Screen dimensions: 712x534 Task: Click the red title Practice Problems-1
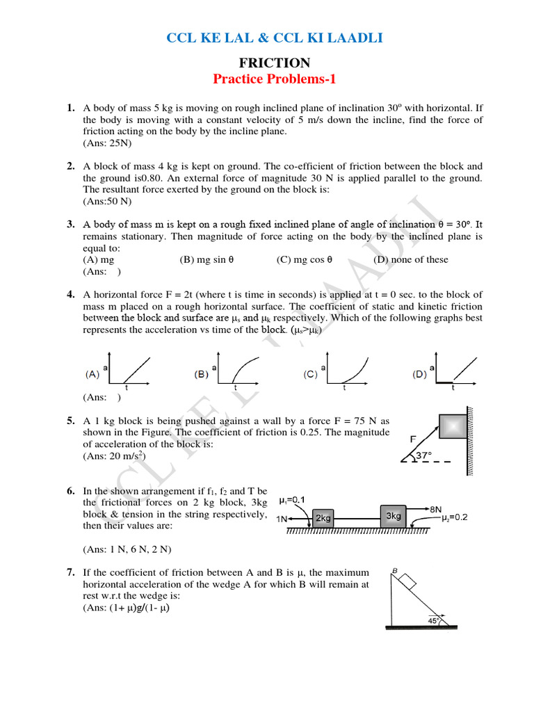click(x=275, y=79)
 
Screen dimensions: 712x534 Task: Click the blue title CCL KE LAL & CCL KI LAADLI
click(x=275, y=38)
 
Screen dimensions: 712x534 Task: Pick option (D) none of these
click(x=411, y=259)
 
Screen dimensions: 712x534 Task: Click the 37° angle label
click(x=424, y=455)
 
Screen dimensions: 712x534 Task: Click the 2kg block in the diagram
click(x=323, y=518)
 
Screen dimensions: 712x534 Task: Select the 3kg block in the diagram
click(x=393, y=515)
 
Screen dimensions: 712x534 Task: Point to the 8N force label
click(x=437, y=508)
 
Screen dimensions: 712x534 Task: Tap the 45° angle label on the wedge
click(x=434, y=621)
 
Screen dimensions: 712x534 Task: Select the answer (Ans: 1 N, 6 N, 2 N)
click(x=127, y=549)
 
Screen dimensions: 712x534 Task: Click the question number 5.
click(x=71, y=421)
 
